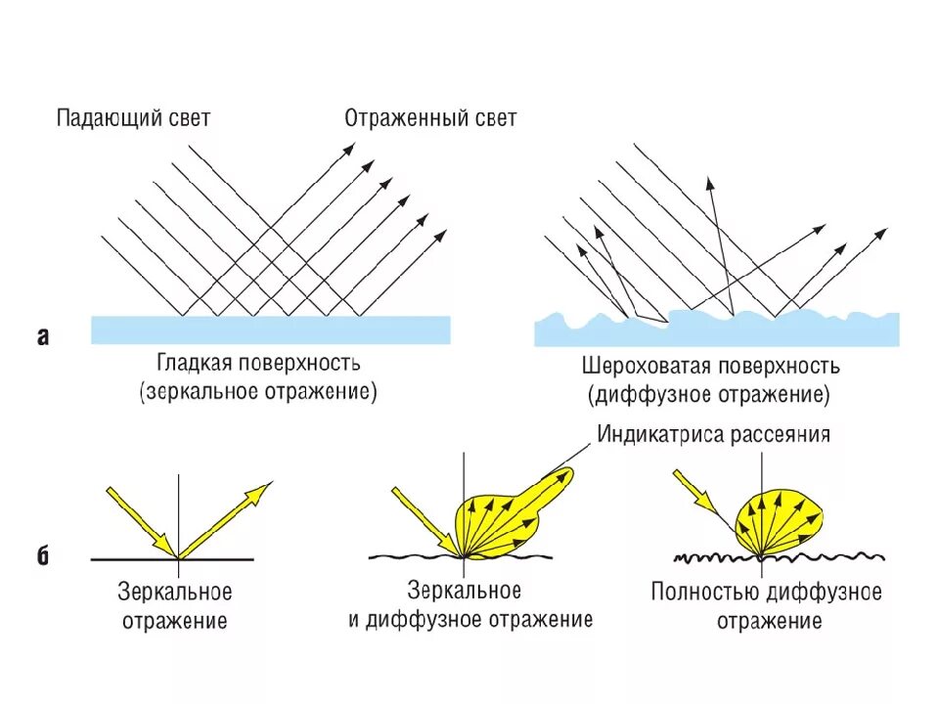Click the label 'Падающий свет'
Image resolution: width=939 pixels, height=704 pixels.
pyautogui.click(x=133, y=119)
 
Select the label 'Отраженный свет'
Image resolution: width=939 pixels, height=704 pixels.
pyautogui.click(x=430, y=119)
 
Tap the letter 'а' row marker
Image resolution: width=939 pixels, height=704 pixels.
pyautogui.click(x=43, y=337)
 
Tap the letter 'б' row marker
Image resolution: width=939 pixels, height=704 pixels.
pyautogui.click(x=43, y=556)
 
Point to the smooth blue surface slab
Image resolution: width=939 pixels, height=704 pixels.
pyautogui.click(x=270, y=330)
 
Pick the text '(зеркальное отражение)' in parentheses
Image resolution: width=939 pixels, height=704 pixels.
pyautogui.click(x=257, y=392)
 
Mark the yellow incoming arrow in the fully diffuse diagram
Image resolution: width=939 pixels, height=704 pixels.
pyautogui.click(x=695, y=492)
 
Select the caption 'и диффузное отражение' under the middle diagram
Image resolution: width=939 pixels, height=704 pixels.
pyautogui.click(x=470, y=619)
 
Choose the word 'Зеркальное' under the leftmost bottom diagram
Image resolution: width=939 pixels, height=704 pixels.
pyautogui.click(x=174, y=593)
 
